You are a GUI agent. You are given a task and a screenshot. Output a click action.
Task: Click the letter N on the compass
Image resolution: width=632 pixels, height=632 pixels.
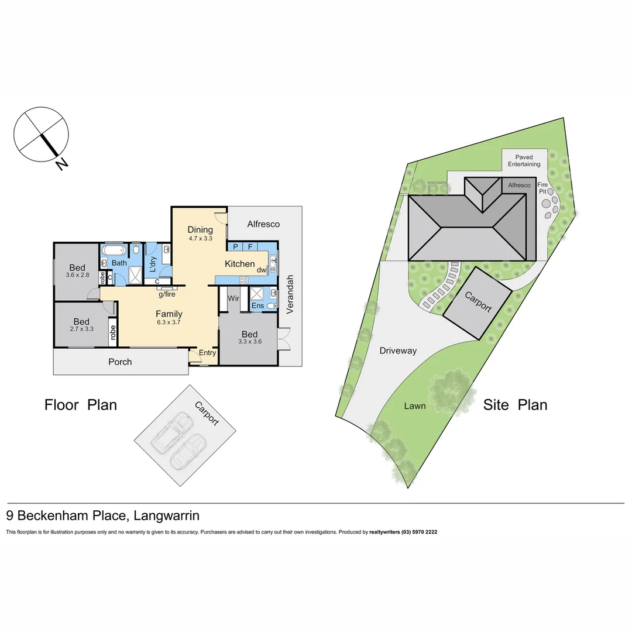pos(61,164)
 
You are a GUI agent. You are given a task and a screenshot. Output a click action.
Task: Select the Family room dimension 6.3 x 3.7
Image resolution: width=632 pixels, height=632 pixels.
pos(169,322)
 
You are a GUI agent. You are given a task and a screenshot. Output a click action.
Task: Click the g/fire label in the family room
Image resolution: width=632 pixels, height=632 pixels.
pos(166,294)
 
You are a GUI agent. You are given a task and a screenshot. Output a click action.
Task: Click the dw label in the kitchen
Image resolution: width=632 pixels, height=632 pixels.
pos(261,270)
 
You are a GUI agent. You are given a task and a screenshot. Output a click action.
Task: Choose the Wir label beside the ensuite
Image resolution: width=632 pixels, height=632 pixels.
pos(233,298)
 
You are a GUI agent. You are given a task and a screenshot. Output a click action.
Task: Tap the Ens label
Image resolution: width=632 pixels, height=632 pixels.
pos(257,305)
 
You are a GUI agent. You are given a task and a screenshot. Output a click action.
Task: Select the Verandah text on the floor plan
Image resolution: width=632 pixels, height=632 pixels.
pos(290,294)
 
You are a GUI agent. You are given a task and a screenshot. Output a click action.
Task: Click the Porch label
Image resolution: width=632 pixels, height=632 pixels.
pos(120,362)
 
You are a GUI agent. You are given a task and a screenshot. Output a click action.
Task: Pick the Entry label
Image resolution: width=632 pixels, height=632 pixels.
pos(208,353)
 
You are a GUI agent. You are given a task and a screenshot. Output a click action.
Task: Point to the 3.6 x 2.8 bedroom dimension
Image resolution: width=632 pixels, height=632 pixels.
pos(77,275)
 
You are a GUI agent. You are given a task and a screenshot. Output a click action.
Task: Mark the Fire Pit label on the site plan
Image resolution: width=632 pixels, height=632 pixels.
pos(542,187)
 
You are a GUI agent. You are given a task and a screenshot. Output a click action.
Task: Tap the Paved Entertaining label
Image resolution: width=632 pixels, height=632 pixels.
pos(524,161)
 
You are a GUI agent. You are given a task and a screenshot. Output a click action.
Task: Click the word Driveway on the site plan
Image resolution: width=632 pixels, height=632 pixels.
pos(397,351)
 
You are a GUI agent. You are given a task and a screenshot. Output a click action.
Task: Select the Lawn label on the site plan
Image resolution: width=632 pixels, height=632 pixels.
pos(414,406)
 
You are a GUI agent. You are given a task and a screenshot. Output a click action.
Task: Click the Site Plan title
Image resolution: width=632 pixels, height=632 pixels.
pos(515,404)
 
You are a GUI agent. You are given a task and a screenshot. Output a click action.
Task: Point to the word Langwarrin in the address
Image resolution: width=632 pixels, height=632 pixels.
pos(167,516)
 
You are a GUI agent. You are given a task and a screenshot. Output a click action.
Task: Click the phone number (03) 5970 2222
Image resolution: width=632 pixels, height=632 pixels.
pos(418,533)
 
